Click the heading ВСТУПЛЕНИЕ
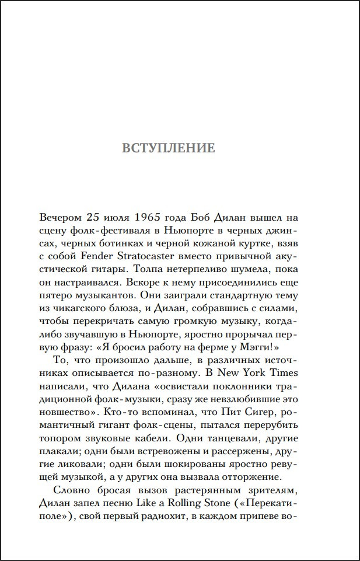click(x=168, y=148)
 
